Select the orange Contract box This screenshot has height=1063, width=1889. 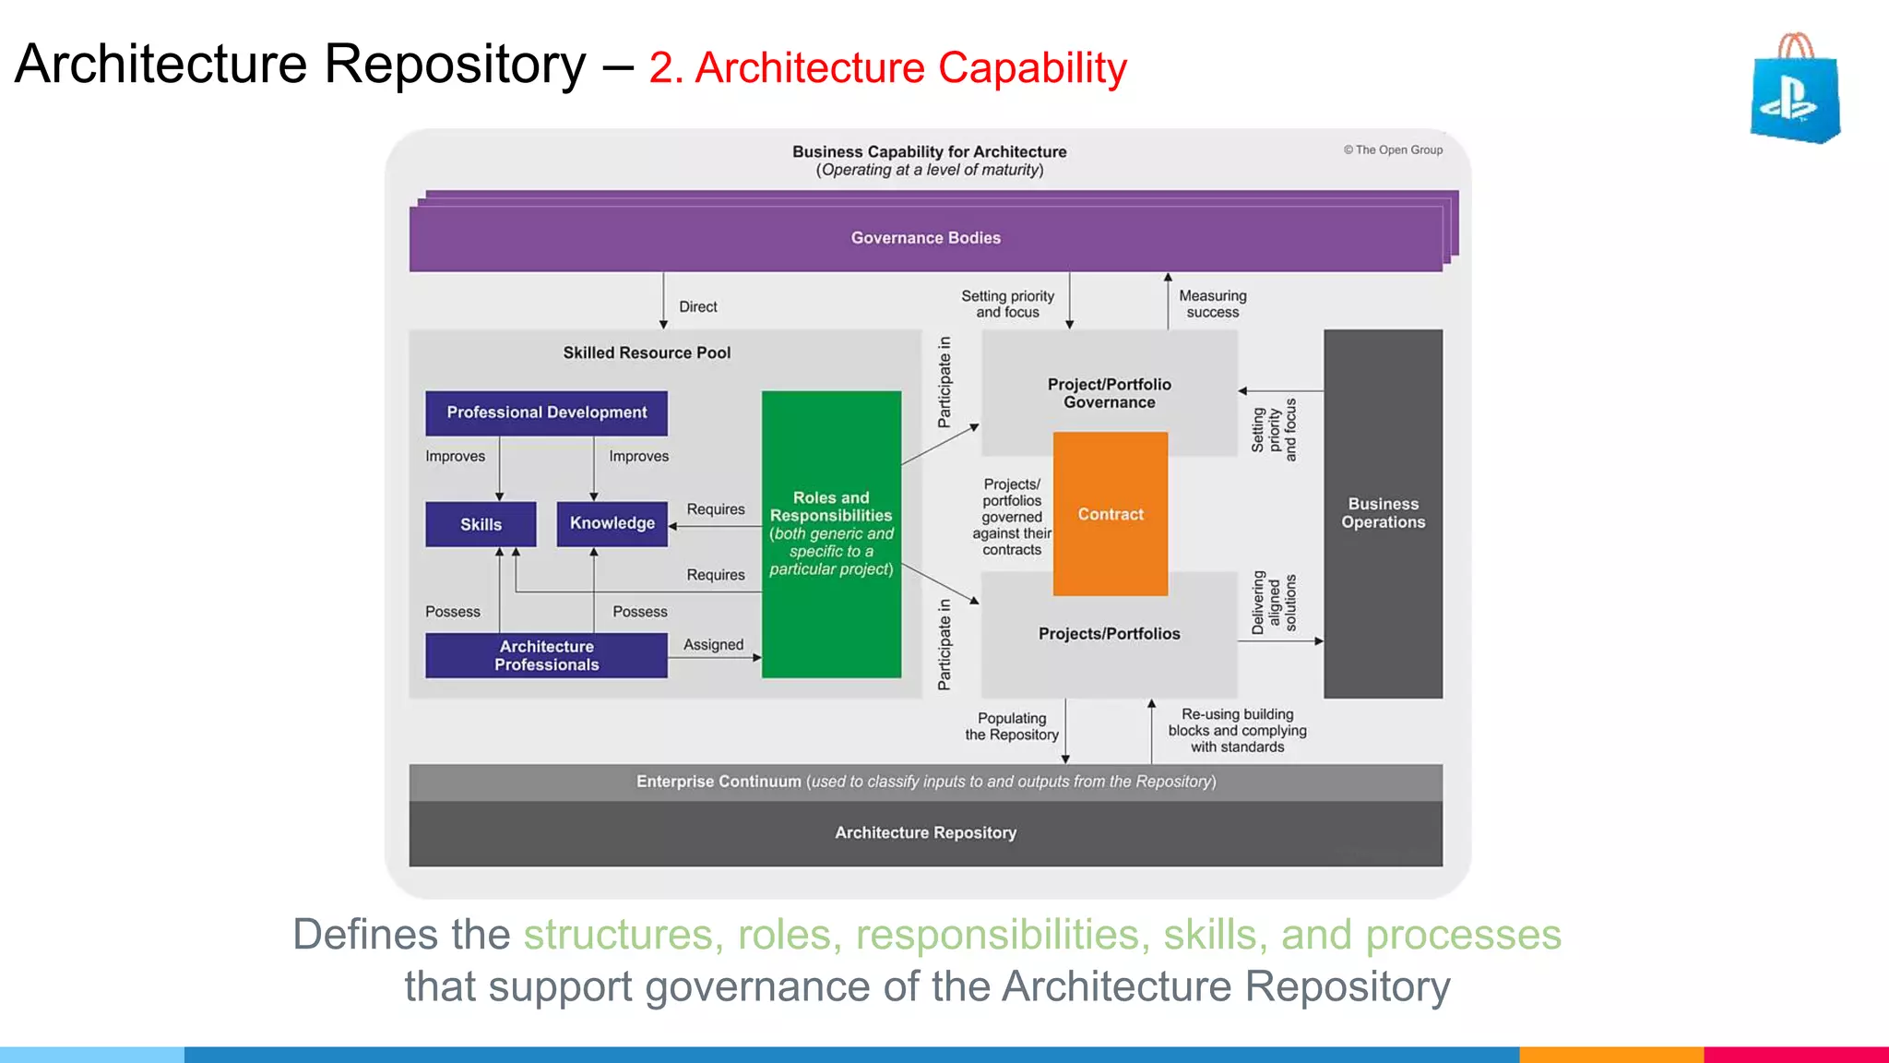[1111, 514]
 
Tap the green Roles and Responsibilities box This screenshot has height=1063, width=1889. [831, 533]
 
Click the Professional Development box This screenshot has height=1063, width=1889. [546, 412]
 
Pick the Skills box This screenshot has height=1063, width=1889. [481, 524]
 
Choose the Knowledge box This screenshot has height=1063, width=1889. [612, 523]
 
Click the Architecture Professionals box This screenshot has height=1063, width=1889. [546, 655]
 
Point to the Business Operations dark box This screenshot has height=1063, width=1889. [1383, 513]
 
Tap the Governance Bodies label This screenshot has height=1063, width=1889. [925, 238]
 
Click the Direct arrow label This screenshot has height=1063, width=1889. [697, 306]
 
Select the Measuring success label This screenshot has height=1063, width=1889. [1212, 304]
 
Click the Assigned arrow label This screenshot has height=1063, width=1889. [713, 644]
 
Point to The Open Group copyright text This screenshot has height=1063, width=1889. [1393, 149]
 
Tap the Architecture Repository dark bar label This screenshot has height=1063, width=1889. [925, 832]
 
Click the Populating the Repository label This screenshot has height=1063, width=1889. [1011, 726]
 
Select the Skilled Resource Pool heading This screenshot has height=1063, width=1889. [647, 352]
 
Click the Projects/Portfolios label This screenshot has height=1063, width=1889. [1109, 634]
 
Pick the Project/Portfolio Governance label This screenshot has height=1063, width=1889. [1109, 393]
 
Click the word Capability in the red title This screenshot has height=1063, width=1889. [1032, 68]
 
